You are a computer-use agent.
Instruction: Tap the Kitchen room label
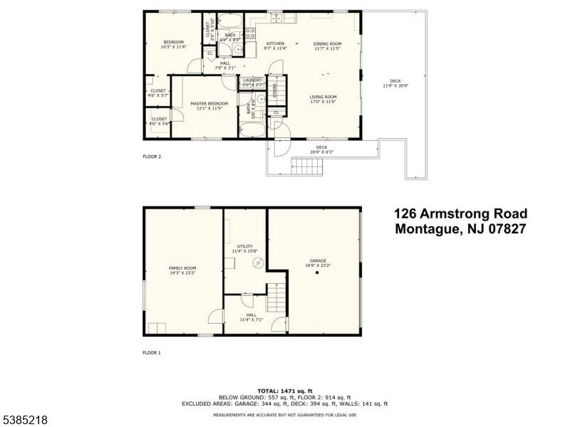tap(275, 43)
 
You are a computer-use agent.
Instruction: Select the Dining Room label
tap(328, 43)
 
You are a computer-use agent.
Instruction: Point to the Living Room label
tap(323, 97)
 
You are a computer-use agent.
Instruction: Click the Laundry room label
tap(253, 80)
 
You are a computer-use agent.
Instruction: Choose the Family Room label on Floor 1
tap(182, 268)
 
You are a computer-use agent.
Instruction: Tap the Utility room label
tap(245, 246)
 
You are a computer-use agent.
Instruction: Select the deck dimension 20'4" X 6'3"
tap(322, 152)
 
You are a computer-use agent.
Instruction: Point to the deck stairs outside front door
tap(308, 168)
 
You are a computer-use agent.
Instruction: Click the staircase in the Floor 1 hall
tap(276, 297)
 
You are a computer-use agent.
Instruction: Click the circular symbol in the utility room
tap(259, 263)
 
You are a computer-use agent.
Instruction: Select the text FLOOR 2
tap(152, 156)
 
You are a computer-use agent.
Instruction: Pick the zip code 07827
tap(504, 229)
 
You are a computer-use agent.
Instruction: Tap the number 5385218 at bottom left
tap(24, 421)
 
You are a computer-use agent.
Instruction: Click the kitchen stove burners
tap(251, 32)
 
